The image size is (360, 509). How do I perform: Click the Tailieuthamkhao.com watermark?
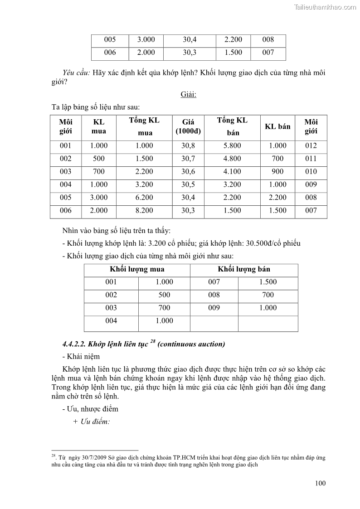(325, 7)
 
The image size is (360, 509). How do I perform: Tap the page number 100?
(320, 483)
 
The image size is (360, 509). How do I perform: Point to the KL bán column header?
(277, 126)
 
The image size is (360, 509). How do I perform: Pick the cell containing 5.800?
(232, 146)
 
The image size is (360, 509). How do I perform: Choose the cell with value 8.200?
(144, 211)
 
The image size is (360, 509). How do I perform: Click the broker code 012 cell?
(311, 146)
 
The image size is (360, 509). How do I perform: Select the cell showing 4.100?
(232, 172)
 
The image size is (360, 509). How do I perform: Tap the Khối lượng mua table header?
(137, 269)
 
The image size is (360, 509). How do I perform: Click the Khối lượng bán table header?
(243, 269)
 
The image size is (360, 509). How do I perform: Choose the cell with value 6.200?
(144, 198)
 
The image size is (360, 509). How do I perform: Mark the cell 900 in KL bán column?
(277, 172)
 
